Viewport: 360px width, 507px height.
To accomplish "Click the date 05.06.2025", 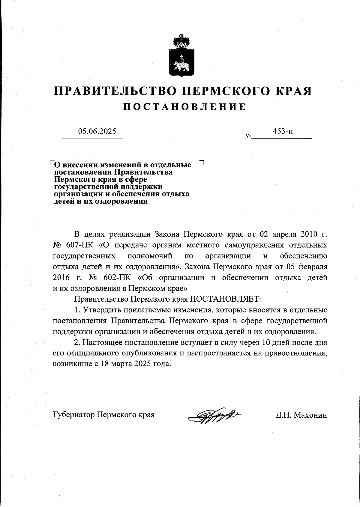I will coord(97,131).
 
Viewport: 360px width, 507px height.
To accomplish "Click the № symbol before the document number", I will coord(248,136).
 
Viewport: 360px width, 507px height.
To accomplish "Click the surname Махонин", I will coord(310,415).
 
